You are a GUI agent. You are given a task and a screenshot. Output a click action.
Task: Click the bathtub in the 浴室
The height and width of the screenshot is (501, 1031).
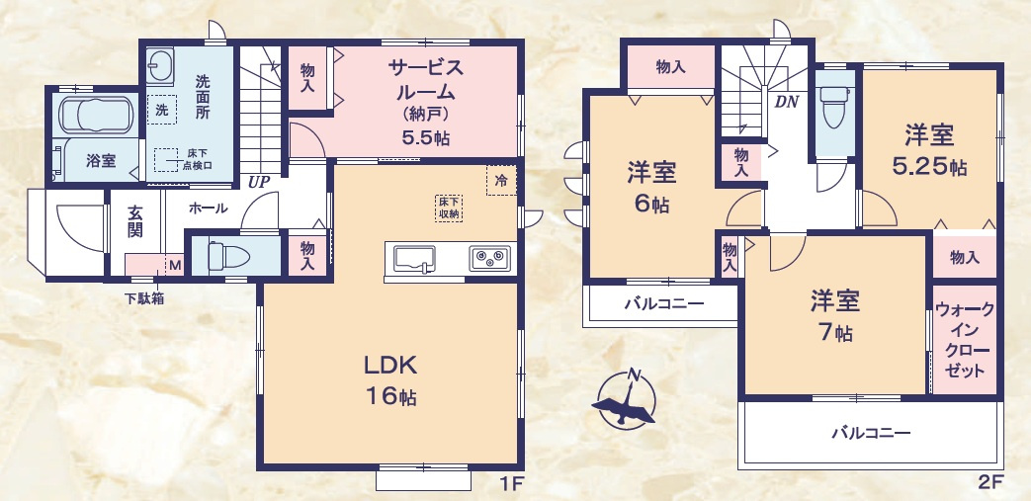[x=96, y=116]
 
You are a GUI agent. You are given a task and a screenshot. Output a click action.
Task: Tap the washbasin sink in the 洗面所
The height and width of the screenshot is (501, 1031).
[x=161, y=68]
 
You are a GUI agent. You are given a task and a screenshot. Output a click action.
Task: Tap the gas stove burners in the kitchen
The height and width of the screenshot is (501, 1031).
[x=488, y=259]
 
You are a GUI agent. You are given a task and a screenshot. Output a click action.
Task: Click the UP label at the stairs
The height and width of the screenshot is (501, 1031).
[x=259, y=182]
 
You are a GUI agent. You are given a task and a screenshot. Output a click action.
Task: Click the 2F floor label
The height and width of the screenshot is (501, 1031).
[x=990, y=483]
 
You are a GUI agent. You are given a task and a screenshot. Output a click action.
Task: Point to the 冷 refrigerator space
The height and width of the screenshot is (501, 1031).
[x=501, y=181]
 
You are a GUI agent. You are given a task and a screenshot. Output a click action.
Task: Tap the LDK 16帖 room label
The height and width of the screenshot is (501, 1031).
[x=390, y=380]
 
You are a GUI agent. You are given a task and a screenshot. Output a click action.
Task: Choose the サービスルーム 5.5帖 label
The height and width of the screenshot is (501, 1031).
[x=425, y=103]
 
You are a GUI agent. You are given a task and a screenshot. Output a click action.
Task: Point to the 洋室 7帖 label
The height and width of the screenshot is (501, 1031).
[x=835, y=315]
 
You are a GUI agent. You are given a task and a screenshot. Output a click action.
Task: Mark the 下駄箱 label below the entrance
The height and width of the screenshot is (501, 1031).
[x=144, y=297]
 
